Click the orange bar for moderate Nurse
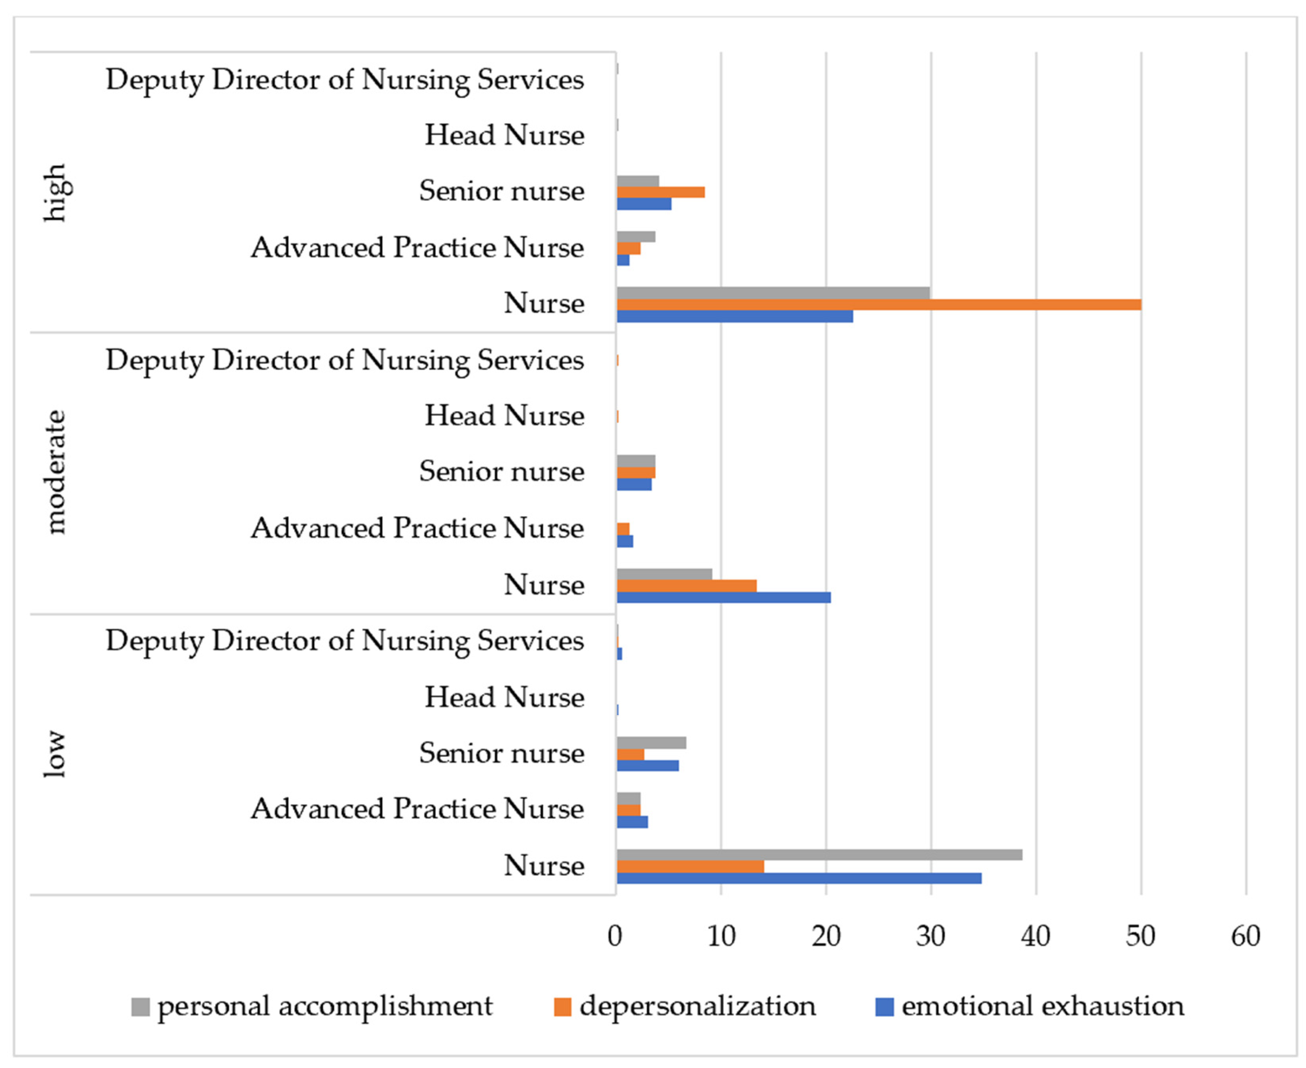[x=686, y=586]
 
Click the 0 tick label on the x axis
[x=615, y=936]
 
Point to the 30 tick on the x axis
[x=930, y=936]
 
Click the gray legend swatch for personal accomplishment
[x=140, y=1007]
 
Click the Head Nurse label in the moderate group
[x=504, y=415]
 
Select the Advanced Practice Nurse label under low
[x=417, y=809]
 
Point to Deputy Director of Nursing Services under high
[x=344, y=79]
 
